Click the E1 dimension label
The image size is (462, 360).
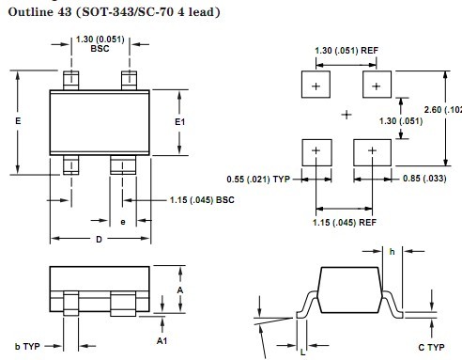click(x=179, y=121)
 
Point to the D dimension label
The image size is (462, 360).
click(x=99, y=240)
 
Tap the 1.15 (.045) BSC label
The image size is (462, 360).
click(x=202, y=200)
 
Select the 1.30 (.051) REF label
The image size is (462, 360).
click(x=346, y=51)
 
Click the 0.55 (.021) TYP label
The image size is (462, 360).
click(x=258, y=180)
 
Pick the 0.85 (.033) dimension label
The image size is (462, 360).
click(x=424, y=179)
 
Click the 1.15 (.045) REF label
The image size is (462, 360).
click(x=345, y=223)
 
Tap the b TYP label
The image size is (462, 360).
click(x=27, y=346)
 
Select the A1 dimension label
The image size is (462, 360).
click(x=162, y=340)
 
